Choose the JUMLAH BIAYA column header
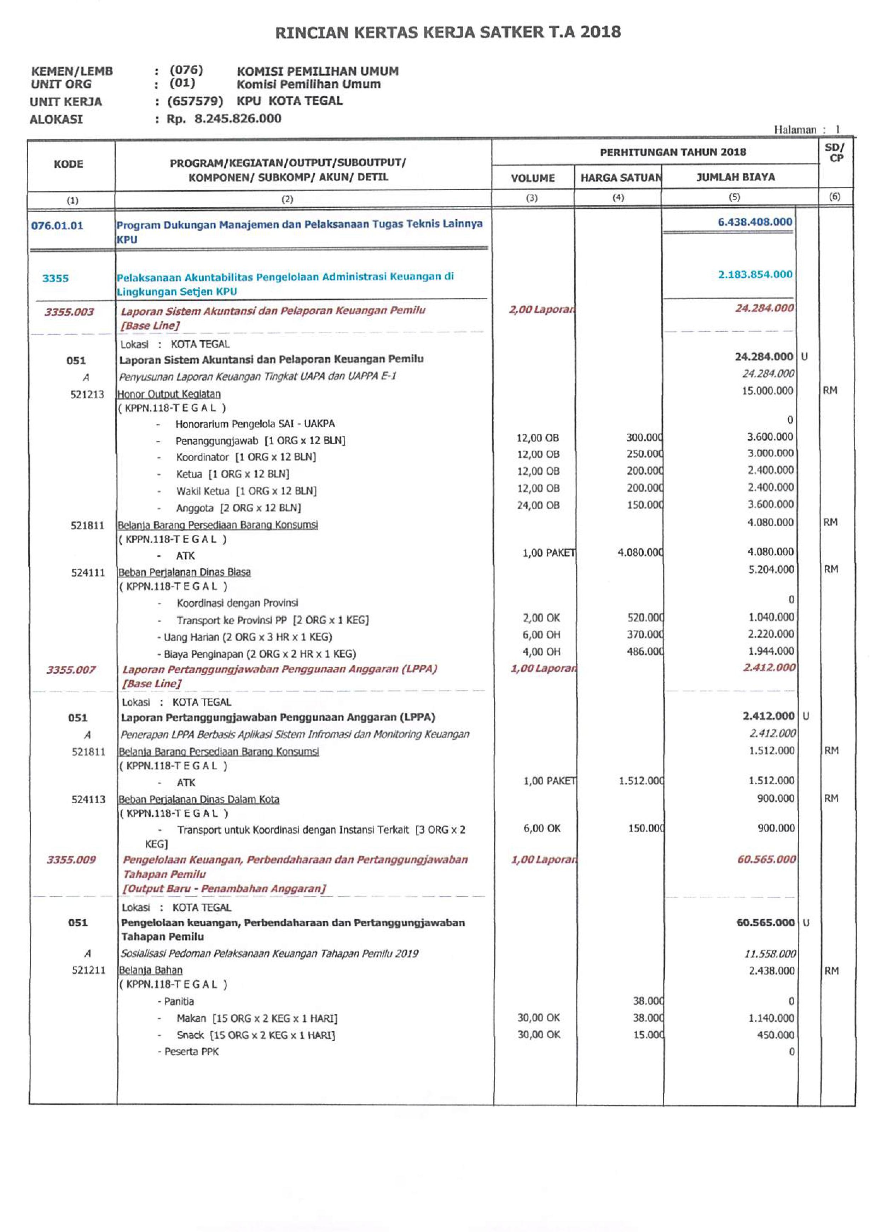click(x=735, y=177)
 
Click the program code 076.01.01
click(x=57, y=225)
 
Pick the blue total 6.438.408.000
click(x=755, y=222)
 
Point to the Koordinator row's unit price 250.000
click(x=645, y=454)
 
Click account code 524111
click(x=88, y=573)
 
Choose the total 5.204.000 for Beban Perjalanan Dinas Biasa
click(x=771, y=569)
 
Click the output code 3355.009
click(x=71, y=860)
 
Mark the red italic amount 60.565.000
click(x=766, y=859)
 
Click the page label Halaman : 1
click(x=806, y=129)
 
